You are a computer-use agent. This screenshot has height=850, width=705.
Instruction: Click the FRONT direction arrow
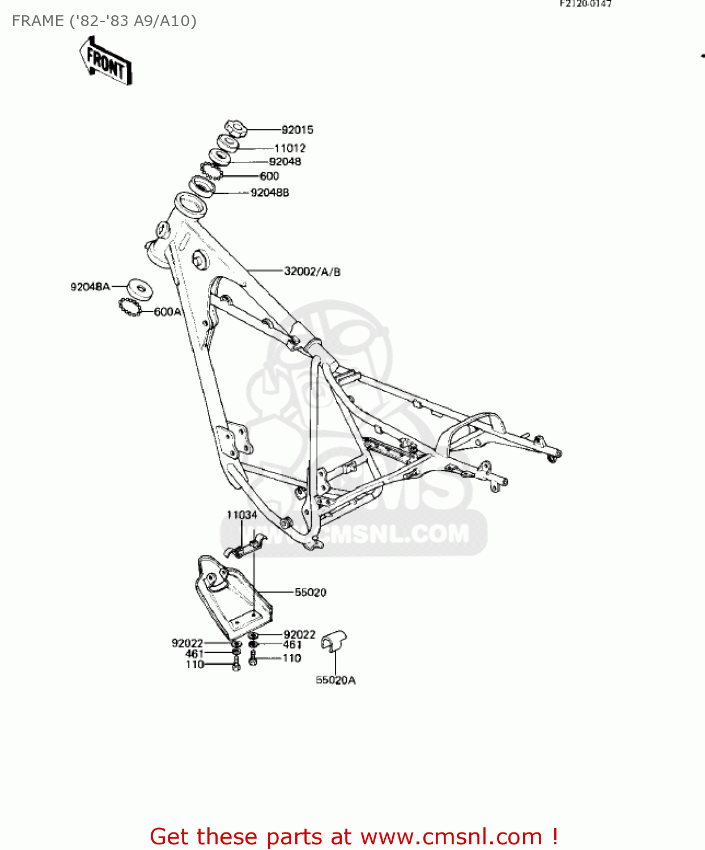point(106,61)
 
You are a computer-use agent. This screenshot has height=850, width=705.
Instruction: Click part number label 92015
point(297,130)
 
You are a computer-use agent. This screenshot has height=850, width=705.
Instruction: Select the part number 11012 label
point(290,148)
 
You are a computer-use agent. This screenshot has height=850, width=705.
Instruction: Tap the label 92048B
point(270,193)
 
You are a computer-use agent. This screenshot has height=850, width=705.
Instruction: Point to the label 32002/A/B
point(312,271)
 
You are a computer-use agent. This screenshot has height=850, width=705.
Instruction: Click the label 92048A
point(90,287)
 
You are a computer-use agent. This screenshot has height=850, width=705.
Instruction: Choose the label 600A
point(168,312)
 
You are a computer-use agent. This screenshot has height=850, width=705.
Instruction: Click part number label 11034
point(242,515)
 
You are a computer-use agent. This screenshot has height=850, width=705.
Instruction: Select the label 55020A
point(335,680)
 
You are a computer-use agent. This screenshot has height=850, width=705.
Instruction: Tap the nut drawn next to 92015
point(236,129)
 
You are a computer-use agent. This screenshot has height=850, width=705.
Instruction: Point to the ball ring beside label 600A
point(130,308)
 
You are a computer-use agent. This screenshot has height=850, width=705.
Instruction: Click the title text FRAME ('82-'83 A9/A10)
point(104,21)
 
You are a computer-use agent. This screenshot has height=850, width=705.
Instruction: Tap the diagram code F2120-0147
point(585,3)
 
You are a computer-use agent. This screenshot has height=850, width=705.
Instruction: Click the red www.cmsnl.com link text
point(451,836)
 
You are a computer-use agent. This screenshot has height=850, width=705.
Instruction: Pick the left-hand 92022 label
point(187,643)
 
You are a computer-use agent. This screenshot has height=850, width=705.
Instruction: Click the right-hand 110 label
point(292,658)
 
